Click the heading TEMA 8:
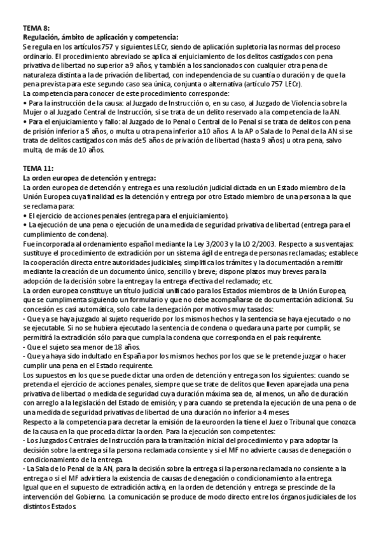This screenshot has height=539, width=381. [36, 29]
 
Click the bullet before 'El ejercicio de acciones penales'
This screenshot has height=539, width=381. [24, 216]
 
